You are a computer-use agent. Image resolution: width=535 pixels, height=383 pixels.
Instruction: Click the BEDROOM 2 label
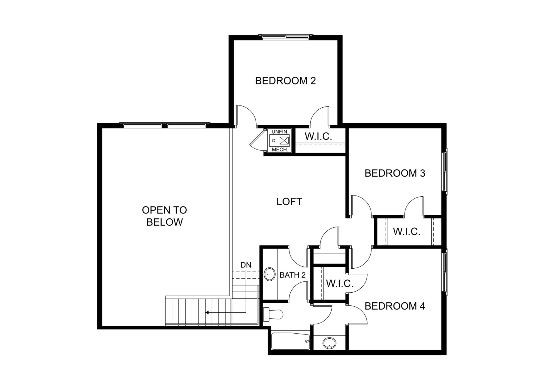coord(285,81)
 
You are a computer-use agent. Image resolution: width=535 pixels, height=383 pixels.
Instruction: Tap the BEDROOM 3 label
coord(395,173)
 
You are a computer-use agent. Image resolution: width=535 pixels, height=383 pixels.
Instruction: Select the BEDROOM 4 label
coord(395,306)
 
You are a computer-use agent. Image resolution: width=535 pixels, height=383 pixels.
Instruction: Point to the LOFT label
coord(289,202)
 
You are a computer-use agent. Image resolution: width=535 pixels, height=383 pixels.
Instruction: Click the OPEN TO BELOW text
coord(164,216)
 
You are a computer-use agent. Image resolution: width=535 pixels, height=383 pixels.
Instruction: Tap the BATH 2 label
coord(293,275)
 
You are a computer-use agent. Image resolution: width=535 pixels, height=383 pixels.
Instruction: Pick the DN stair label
coord(246,265)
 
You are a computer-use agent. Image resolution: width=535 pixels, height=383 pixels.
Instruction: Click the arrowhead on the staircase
coord(207,313)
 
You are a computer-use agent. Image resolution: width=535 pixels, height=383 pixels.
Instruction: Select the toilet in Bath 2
coord(273,314)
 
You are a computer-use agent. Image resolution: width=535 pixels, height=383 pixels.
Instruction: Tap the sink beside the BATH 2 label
coord(269,274)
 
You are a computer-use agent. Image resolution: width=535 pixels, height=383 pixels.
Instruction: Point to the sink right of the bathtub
coord(329,343)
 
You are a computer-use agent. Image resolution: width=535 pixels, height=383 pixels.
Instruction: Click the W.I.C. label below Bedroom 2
coord(318,136)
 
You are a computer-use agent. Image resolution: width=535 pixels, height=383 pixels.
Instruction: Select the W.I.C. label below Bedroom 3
coord(407,232)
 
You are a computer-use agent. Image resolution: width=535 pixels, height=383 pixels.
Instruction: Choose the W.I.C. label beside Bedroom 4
coord(340,284)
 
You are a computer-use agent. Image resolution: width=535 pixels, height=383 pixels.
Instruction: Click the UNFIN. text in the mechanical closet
coord(280,132)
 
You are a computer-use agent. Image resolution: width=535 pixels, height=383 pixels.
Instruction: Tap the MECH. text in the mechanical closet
coord(280,150)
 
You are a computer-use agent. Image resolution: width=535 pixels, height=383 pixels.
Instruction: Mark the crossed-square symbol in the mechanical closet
coord(284,140)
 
